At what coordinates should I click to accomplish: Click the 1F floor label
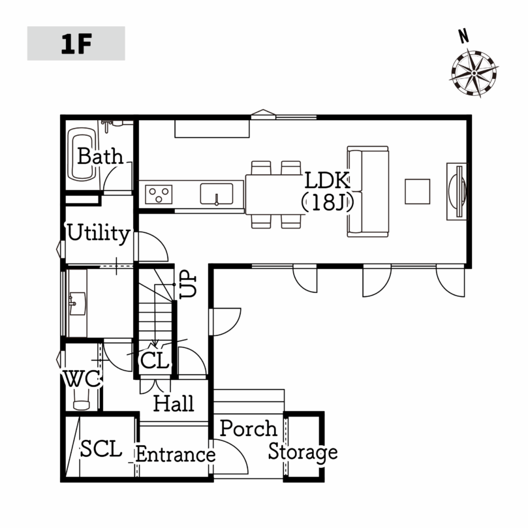76,44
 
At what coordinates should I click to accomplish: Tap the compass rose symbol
474,73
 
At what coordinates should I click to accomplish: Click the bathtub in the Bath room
81,154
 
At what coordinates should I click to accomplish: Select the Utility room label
99,233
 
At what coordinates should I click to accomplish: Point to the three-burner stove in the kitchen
159,194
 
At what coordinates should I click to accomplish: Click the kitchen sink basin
217,194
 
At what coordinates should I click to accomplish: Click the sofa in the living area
367,191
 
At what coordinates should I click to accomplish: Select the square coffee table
417,191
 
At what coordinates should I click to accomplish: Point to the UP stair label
188,285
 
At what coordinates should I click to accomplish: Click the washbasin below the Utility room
78,303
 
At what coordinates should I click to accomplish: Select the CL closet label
154,361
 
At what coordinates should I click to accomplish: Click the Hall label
174,403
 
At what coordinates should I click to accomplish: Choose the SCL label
101,448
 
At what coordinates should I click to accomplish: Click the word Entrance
176,455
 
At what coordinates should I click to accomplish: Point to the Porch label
249,428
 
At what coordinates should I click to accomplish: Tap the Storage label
303,452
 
